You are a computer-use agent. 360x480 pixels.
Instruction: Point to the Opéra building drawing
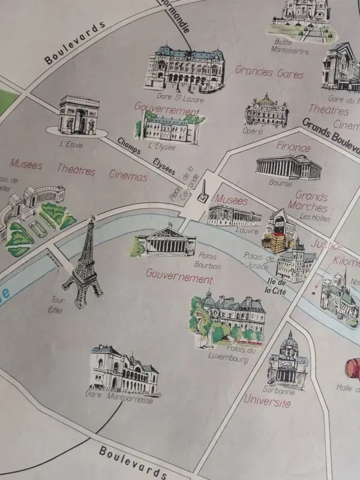click(x=266, y=110)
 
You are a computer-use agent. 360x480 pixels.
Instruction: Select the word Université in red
click(x=268, y=401)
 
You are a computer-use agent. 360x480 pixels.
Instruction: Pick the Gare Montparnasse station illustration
click(x=124, y=370)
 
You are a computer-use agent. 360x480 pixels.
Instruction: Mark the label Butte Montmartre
click(x=292, y=46)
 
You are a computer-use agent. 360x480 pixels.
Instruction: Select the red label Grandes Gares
click(x=262, y=70)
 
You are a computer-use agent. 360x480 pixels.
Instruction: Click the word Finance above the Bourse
click(x=293, y=146)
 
